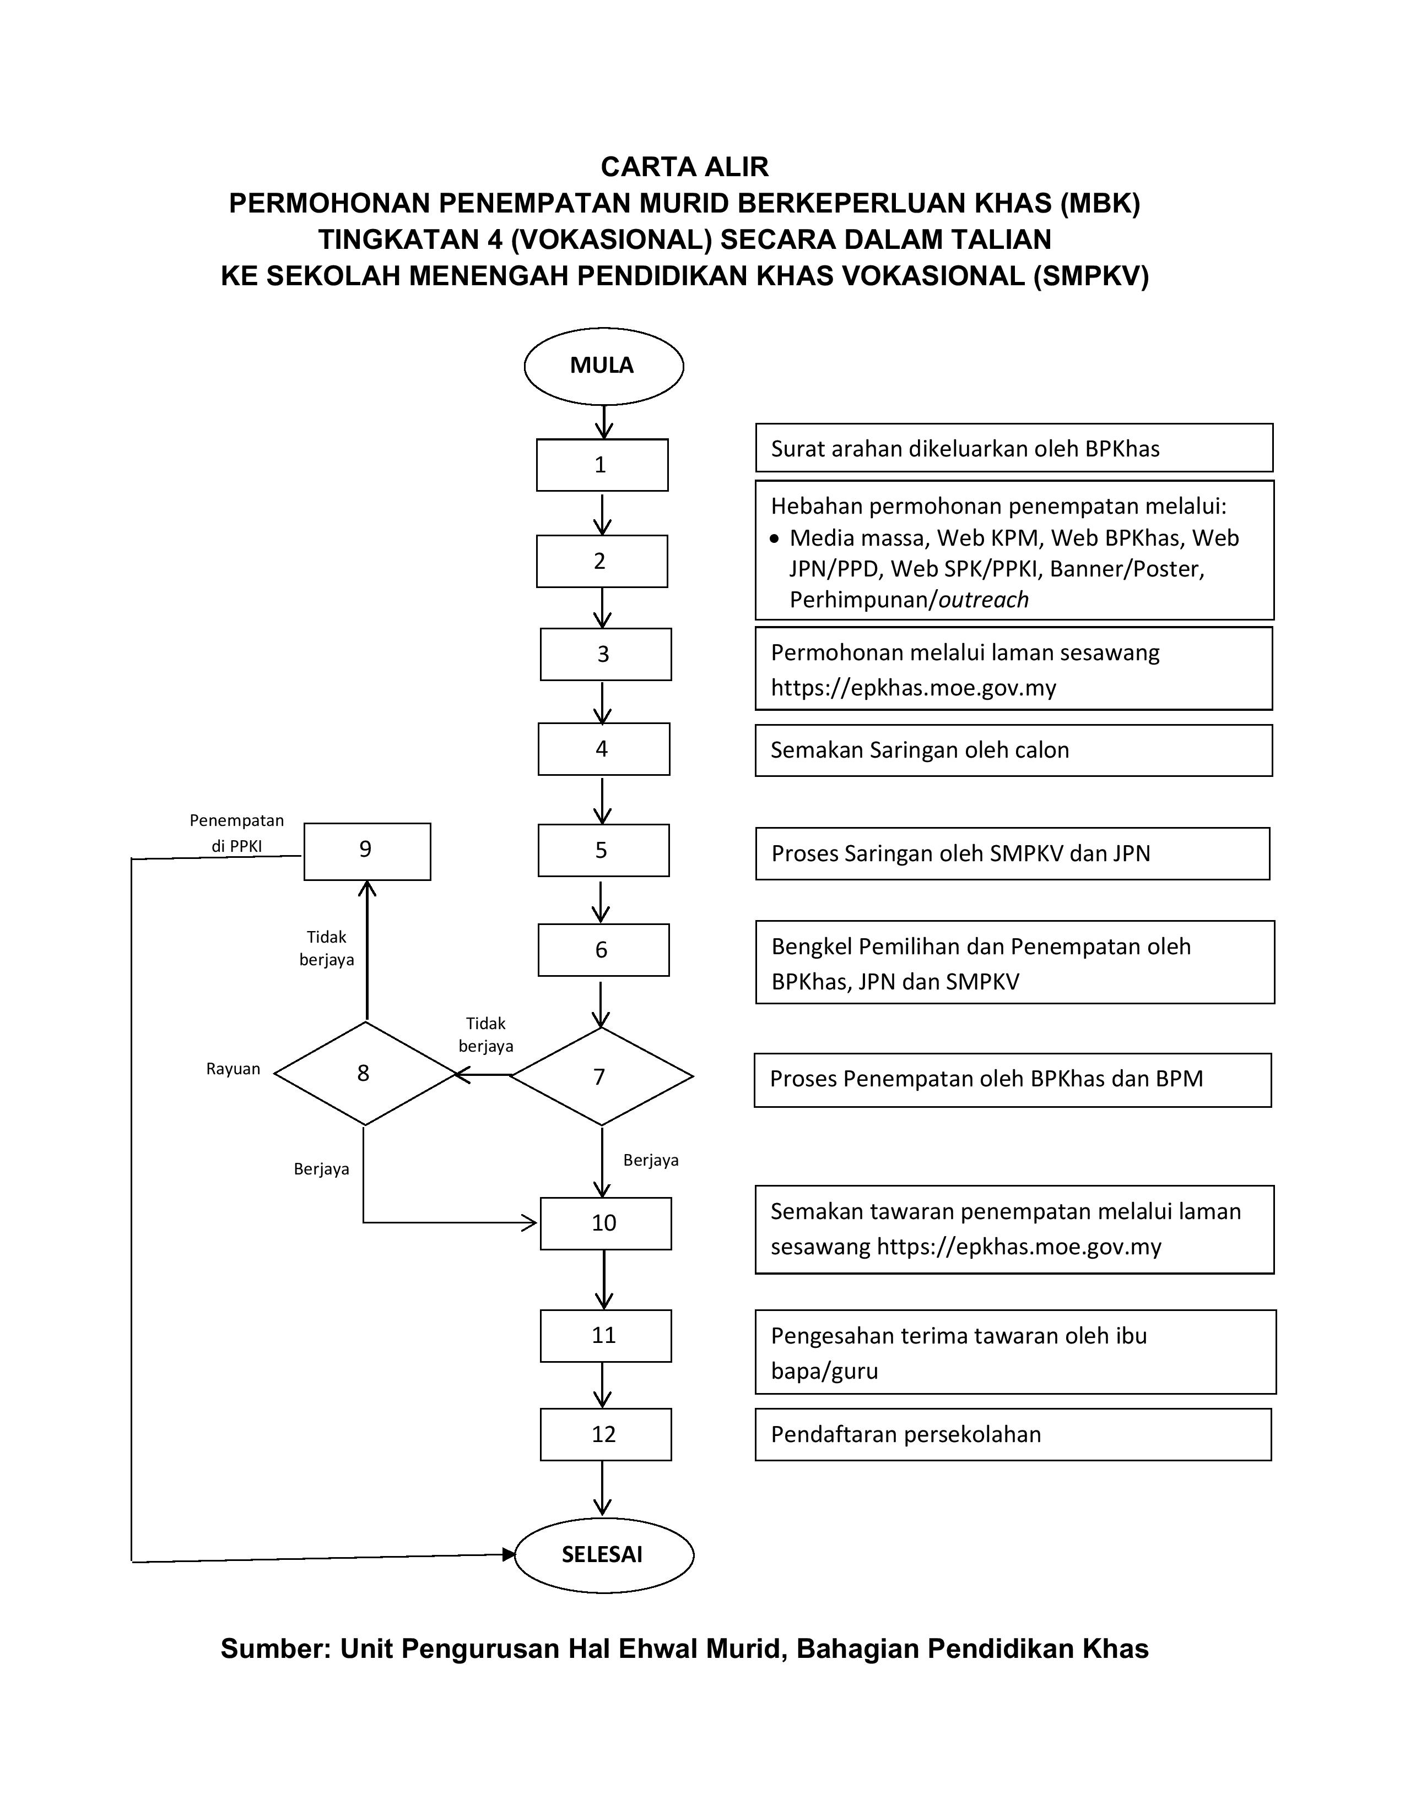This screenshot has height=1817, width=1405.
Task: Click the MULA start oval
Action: [x=603, y=366]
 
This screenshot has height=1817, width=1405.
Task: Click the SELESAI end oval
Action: [x=603, y=1554]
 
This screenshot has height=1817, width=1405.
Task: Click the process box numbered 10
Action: [x=605, y=1223]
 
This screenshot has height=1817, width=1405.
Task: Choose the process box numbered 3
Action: [x=605, y=654]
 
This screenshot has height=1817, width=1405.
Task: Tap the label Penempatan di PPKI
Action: [x=236, y=833]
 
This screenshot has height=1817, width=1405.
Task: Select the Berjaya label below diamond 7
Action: [x=651, y=1160]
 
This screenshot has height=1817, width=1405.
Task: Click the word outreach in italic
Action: [x=983, y=600]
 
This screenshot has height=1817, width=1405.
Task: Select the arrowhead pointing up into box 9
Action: [x=367, y=889]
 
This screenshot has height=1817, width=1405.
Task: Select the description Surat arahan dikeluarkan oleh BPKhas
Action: [x=1012, y=448]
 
